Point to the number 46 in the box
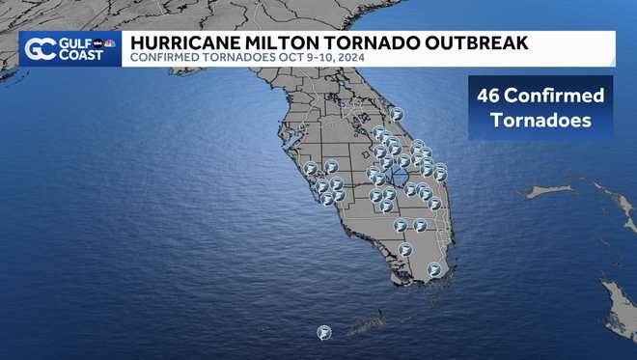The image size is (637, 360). pyautogui.click(x=491, y=97)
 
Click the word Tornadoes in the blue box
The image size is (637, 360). pyautogui.click(x=540, y=122)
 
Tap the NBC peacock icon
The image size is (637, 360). pyautogui.click(x=110, y=43)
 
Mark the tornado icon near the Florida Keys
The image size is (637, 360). pyautogui.click(x=323, y=332)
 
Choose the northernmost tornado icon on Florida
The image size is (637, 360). pyautogui.click(x=396, y=114)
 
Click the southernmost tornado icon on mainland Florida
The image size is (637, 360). pyautogui.click(x=434, y=269)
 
